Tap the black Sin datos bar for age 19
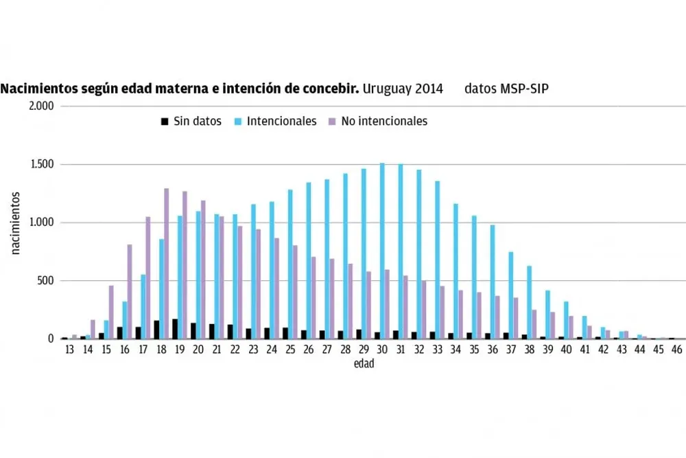coord(175,329)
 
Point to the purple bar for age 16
coord(130,292)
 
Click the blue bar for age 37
coord(511,295)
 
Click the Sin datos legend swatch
coord(164,122)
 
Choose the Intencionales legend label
coord(281,122)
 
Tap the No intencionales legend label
coord(386,122)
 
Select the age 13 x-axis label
coord(69,350)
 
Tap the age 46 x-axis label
coord(676,350)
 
